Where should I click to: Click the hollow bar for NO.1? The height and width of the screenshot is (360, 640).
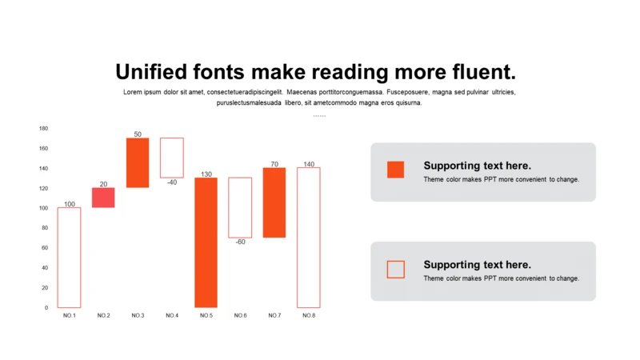58,257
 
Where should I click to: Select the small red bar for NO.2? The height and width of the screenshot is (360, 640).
103,198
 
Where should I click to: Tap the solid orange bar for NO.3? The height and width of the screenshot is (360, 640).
138,163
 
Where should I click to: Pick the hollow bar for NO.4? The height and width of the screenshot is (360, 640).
161,158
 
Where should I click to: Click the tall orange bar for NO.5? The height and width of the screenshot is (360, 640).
206,242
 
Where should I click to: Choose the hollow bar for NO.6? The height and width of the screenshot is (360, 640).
229,207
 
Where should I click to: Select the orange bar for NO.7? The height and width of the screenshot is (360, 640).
274,202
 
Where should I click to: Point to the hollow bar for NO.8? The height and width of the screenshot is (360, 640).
298,237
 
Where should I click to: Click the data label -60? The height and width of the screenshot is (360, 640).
241,242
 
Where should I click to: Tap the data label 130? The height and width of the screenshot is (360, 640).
206,174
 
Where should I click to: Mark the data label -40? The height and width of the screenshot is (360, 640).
172,182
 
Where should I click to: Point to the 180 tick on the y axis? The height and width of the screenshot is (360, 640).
44,128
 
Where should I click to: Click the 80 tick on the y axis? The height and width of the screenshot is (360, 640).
45,228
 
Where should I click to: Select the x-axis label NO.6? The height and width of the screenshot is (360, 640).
241,315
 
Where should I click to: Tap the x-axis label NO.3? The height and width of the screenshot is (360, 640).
138,315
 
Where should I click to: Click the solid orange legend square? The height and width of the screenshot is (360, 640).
395,170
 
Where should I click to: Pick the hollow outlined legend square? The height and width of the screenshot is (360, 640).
387,270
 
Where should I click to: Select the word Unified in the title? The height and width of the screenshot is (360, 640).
151,72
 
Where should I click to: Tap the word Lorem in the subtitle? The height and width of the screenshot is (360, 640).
133,92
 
